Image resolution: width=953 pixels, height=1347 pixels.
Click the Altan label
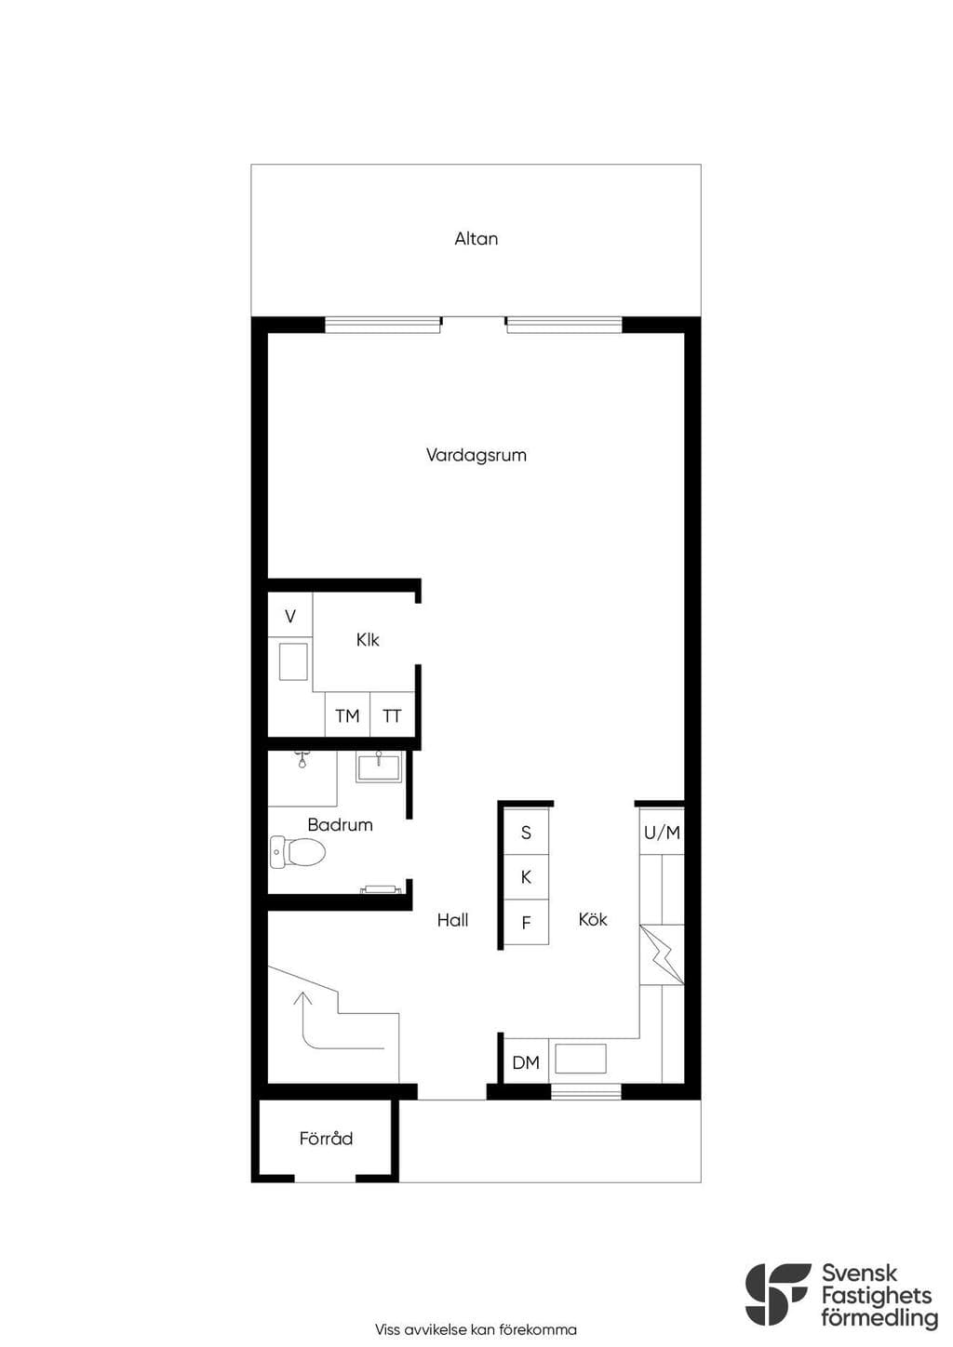tap(476, 239)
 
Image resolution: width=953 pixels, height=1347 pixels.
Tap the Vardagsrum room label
tap(476, 455)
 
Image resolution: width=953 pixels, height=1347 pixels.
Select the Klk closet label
tap(368, 639)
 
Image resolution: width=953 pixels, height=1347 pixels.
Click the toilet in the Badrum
tap(297, 852)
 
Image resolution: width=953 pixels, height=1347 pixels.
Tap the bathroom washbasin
tap(379, 767)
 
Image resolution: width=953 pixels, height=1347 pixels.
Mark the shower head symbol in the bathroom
tap(302, 760)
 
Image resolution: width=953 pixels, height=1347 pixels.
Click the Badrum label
tap(340, 824)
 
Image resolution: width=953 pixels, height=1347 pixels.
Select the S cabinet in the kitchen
tap(526, 832)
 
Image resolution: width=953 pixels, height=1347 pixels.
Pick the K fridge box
tap(526, 876)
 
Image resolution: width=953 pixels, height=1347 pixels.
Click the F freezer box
tap(526, 922)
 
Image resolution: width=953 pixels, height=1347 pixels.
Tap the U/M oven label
tap(662, 833)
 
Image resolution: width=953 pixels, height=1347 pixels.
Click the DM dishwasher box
tap(526, 1061)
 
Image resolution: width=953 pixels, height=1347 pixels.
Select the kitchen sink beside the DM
tap(581, 1059)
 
